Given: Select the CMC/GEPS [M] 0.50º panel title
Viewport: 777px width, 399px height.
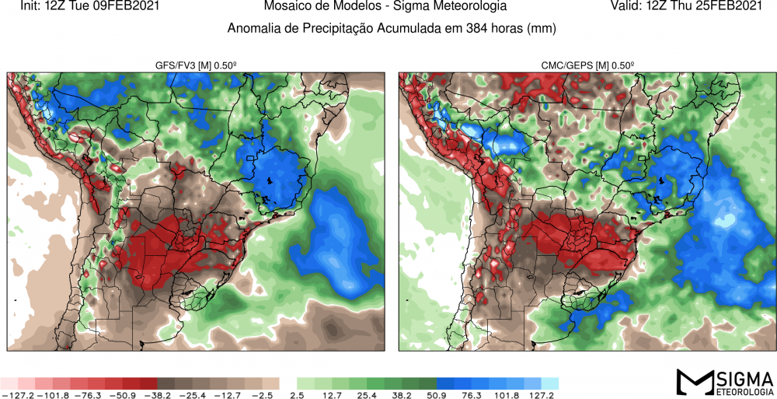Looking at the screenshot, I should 586,65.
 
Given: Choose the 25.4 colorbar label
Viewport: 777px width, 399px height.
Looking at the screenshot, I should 368,395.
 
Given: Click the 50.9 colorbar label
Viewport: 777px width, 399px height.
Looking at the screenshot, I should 437,395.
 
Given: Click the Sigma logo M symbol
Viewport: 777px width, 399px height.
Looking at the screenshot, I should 693,382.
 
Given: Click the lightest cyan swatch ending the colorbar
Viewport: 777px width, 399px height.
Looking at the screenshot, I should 549,383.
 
